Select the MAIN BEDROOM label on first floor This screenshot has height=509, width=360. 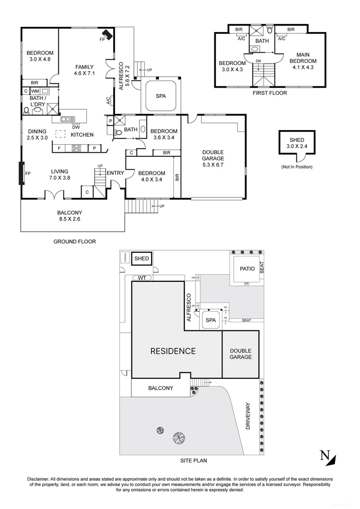tap(303, 61)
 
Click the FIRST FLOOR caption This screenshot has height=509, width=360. tap(270, 93)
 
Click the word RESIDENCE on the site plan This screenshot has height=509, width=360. tap(173, 351)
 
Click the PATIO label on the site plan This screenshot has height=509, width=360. tap(247, 269)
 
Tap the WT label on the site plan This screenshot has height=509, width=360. tap(141, 278)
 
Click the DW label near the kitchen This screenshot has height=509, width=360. tap(75, 126)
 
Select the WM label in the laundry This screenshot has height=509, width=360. tap(35, 91)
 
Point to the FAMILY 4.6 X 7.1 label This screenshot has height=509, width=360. tap(84, 70)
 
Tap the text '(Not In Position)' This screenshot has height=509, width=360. tap(297, 167)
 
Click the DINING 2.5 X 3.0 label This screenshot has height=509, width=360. tap(37, 135)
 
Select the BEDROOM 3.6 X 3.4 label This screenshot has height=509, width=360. tap(164, 134)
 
